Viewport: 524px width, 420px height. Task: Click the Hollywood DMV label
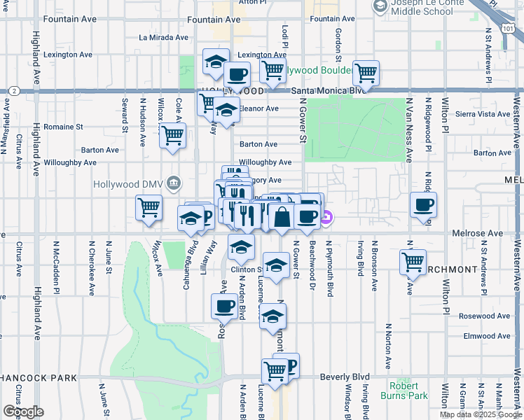click(x=130, y=184)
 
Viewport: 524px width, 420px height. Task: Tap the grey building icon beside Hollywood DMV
click(x=174, y=184)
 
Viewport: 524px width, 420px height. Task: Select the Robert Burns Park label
click(x=408, y=391)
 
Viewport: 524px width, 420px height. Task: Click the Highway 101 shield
click(x=507, y=27)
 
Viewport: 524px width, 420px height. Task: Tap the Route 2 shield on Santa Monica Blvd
click(x=13, y=91)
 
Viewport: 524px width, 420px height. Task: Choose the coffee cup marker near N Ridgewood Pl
click(x=423, y=205)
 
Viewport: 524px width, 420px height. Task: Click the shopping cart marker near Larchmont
click(x=413, y=262)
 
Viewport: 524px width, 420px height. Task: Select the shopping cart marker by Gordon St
click(x=366, y=72)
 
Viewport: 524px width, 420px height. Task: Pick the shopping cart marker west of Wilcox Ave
click(x=149, y=208)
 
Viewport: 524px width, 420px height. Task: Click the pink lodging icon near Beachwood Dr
click(x=326, y=220)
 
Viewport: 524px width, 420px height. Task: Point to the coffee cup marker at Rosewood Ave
click(x=225, y=306)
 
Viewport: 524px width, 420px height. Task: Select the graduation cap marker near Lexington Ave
click(x=216, y=62)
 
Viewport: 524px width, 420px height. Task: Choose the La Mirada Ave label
click(x=164, y=38)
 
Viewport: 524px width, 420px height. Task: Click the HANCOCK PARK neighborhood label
click(x=39, y=378)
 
